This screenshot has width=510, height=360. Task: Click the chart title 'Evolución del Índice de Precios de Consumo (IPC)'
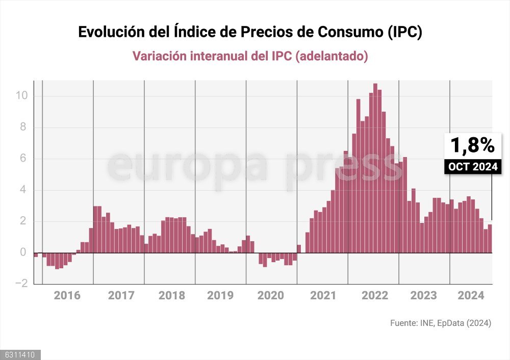(250, 32)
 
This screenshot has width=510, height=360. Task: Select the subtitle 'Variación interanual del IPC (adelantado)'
(250, 56)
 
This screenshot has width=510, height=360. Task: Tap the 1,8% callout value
(472, 145)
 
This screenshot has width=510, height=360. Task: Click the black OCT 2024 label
(472, 166)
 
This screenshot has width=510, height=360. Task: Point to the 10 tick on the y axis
(22, 96)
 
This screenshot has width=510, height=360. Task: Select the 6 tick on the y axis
(23, 159)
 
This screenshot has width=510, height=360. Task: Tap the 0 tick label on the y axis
(23, 253)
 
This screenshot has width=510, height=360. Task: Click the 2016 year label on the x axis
(67, 296)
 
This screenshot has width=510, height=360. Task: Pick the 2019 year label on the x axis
(220, 296)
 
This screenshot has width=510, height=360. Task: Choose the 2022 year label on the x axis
(375, 296)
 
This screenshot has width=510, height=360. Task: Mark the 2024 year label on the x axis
(471, 296)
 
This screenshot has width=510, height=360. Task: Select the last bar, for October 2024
(490, 239)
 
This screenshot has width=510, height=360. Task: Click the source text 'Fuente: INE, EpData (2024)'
(441, 323)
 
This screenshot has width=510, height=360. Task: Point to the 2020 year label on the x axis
(271, 296)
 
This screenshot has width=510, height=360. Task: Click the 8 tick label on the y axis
(23, 127)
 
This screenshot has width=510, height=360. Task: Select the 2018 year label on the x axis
(172, 296)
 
